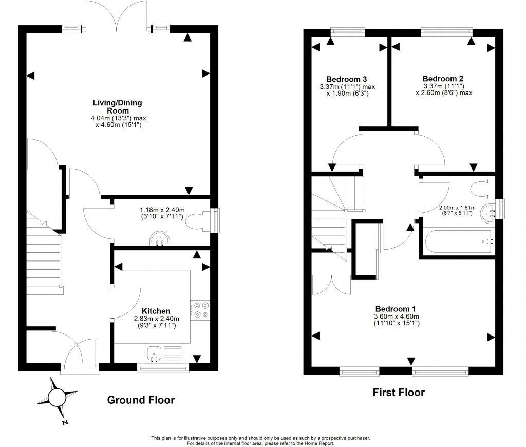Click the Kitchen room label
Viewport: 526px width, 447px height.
(156, 311)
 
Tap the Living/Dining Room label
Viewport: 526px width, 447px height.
(118, 107)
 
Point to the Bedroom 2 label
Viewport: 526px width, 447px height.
(443, 79)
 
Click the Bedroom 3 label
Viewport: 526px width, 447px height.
(347, 79)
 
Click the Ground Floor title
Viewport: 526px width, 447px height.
(141, 400)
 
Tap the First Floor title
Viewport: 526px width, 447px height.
(399, 393)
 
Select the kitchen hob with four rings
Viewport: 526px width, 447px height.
(200, 310)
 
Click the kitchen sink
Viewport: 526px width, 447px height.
(154, 353)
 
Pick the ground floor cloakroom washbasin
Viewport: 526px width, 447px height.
(160, 238)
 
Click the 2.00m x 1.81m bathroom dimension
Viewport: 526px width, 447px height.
(457, 210)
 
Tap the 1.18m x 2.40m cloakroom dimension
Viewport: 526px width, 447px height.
(162, 213)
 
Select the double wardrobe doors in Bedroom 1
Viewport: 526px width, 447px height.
(331, 285)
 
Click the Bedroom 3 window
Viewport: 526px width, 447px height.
(348, 31)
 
